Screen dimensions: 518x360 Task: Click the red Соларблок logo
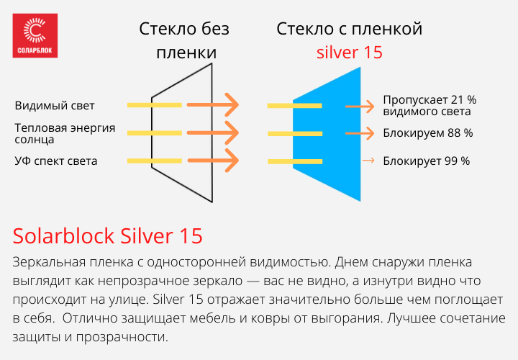coord(35,36)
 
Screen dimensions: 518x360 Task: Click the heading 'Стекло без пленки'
coord(184,40)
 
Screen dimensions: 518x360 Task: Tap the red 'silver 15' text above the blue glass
coord(350,53)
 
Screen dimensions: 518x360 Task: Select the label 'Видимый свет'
coord(55,106)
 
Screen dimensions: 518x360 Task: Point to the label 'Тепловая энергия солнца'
coord(65,133)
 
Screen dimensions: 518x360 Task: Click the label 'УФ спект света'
coord(56,161)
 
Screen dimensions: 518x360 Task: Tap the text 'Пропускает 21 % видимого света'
coord(430,105)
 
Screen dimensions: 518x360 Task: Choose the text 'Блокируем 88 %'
coord(428,133)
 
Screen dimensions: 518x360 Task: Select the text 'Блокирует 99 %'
coord(426,161)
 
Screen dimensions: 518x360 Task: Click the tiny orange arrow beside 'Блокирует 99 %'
coord(368,161)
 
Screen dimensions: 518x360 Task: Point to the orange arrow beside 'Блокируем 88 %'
coord(360,133)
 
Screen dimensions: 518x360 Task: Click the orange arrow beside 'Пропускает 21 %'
coord(360,107)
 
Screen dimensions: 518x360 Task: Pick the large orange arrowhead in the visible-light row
coord(232,105)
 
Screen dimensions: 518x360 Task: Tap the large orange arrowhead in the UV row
coord(232,161)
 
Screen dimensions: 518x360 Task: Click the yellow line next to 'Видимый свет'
coord(155,105)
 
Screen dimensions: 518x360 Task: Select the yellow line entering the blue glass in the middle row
coord(295,133)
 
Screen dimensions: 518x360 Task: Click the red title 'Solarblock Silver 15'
coord(108,235)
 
